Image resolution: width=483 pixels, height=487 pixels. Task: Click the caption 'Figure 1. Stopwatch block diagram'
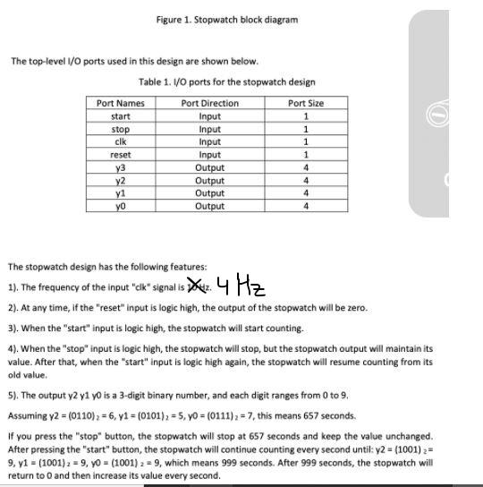coord(226,19)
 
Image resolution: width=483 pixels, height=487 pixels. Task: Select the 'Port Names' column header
coord(120,103)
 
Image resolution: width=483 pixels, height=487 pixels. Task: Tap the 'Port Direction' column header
coord(209,103)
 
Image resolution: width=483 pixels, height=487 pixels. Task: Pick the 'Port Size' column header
coord(306,103)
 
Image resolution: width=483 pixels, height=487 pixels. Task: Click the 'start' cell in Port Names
coord(120,116)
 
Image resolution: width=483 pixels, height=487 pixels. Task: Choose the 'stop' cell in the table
coord(120,129)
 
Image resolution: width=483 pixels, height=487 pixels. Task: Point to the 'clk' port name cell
coord(120,141)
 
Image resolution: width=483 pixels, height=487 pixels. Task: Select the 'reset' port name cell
coord(120,155)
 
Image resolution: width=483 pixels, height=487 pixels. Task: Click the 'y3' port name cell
coord(120,167)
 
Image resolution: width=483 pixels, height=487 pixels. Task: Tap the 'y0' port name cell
coord(120,206)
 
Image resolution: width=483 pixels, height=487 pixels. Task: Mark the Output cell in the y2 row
coord(209,180)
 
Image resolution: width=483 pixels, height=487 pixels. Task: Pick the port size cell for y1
coord(306,193)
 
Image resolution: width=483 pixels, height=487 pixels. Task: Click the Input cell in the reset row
coord(209,155)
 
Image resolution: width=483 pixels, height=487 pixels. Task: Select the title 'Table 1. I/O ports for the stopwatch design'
coord(227,81)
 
